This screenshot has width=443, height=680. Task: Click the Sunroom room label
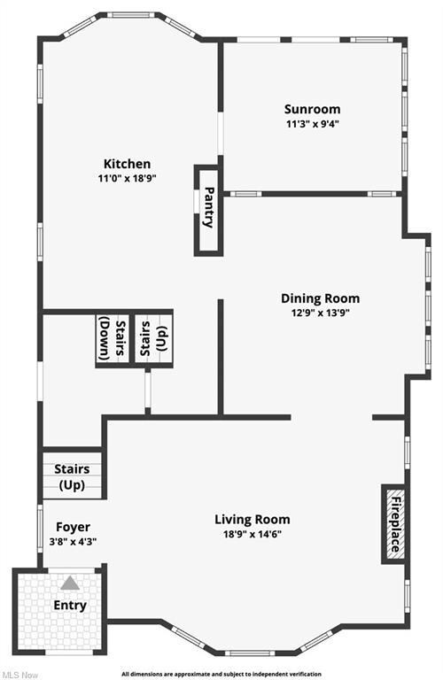click(x=312, y=109)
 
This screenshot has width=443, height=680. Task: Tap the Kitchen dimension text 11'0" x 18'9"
click(x=127, y=178)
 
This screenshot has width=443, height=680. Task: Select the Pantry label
click(x=209, y=207)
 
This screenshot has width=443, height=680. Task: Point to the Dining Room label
click(x=320, y=298)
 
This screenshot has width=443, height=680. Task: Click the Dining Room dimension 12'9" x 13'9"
click(x=320, y=313)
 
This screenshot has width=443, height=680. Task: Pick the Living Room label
click(x=253, y=519)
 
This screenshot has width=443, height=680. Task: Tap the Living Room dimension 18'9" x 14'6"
click(x=253, y=533)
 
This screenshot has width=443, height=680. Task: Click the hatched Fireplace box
click(x=394, y=524)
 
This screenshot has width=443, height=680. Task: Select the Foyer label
click(x=73, y=527)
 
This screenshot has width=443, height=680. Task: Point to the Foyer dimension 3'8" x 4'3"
click(x=73, y=541)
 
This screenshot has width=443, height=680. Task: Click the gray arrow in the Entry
click(x=70, y=583)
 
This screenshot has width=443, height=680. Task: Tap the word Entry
click(x=70, y=605)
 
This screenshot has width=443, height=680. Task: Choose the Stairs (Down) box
click(x=113, y=339)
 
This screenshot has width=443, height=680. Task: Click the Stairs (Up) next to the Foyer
click(x=72, y=475)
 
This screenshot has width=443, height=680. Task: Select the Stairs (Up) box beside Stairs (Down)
click(x=153, y=339)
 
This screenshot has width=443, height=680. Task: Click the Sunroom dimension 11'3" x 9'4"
click(x=313, y=124)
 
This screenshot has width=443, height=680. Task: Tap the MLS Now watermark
click(x=19, y=675)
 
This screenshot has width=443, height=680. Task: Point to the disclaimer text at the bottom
click(x=221, y=675)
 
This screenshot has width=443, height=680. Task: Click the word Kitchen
click(x=127, y=164)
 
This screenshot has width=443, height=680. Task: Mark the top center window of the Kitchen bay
click(x=130, y=15)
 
